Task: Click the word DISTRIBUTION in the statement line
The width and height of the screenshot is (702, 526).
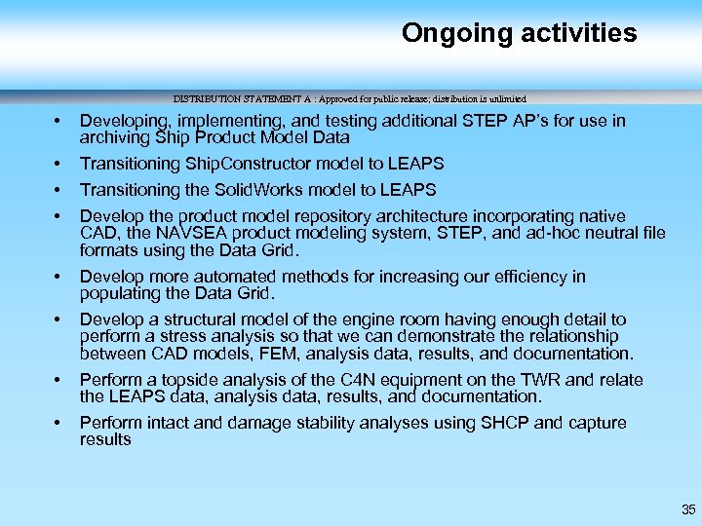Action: (208, 98)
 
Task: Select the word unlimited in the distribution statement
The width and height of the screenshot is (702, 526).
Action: (502, 98)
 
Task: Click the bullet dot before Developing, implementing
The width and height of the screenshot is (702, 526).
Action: (58, 121)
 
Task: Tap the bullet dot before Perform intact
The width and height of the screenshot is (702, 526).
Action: (58, 423)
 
